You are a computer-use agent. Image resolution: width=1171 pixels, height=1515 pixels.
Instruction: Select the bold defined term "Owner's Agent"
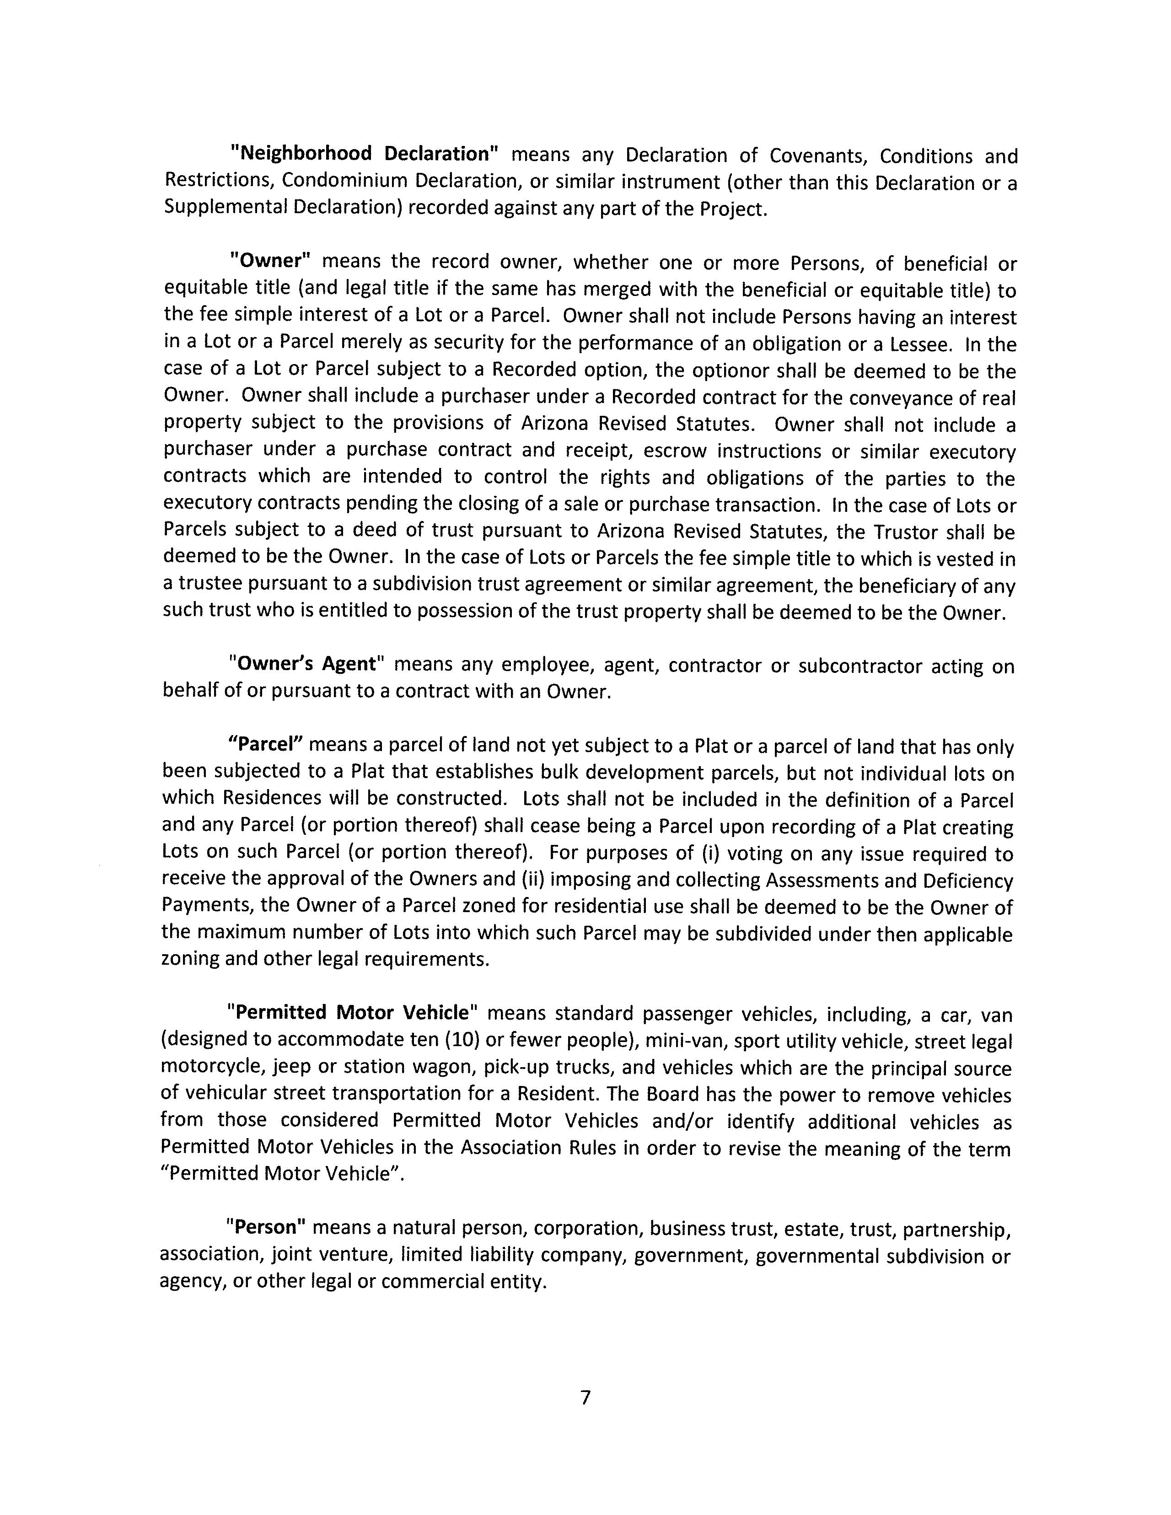(306, 665)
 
